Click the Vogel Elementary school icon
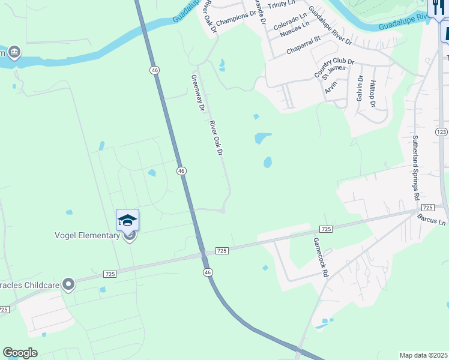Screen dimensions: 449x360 (x=128, y=221)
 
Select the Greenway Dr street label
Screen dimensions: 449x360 (x=198, y=93)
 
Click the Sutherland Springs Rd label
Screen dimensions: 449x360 (x=415, y=167)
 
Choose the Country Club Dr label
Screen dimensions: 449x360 (x=335, y=68)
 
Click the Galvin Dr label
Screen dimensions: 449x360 (x=360, y=88)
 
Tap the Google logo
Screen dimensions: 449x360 (x=20, y=353)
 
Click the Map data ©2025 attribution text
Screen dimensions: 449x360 (x=423, y=355)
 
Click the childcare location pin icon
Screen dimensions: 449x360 (x=69, y=283)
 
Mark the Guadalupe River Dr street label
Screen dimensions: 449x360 (x=330, y=29)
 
